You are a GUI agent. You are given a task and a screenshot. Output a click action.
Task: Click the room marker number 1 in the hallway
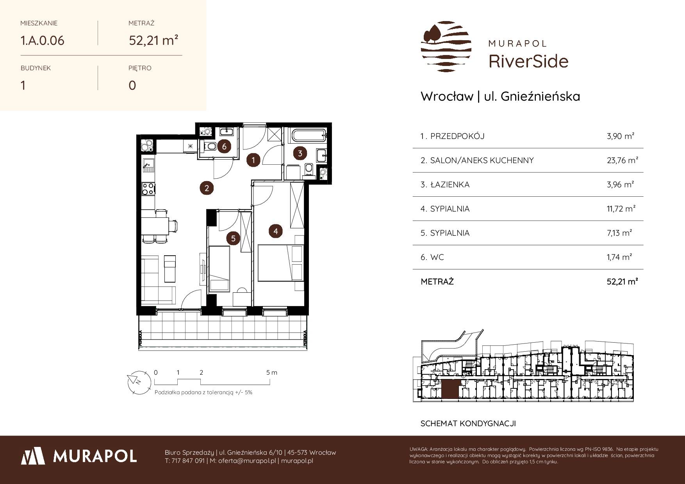tap(253, 160)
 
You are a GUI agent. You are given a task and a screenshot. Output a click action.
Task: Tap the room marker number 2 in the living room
tap(207, 188)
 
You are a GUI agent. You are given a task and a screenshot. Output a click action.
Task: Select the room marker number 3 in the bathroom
tap(300, 153)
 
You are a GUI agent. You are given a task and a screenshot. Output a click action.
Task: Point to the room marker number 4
tap(276, 231)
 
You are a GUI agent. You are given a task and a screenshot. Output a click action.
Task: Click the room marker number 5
tap(233, 238)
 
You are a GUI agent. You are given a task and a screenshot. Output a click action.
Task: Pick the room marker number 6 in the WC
tap(224, 147)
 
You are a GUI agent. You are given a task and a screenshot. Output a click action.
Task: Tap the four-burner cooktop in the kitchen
tap(148, 189)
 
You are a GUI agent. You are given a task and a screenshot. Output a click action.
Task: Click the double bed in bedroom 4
tap(281, 263)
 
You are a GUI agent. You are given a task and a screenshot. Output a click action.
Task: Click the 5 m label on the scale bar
tap(272, 372)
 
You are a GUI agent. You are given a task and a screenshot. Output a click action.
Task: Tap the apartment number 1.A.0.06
tap(43, 40)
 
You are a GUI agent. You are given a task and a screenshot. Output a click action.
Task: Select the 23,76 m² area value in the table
tap(623, 160)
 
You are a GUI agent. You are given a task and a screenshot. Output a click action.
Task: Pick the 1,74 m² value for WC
tap(619, 257)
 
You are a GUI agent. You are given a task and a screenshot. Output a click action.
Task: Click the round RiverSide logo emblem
tap(446, 47)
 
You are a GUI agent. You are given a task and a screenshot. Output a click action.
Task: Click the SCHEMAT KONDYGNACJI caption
tap(468, 423)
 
